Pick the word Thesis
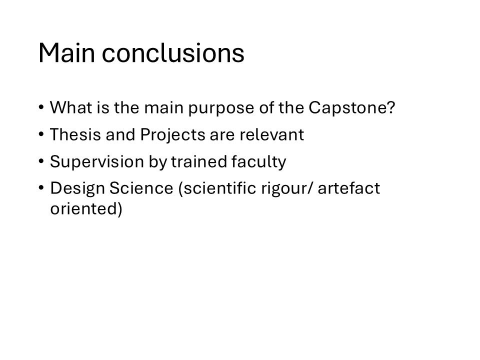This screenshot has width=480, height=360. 75,134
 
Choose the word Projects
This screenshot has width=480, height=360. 172,135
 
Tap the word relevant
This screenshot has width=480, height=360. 272,134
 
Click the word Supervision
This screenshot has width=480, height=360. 96,162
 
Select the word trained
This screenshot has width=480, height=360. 199,161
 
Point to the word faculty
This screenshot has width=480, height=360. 258,162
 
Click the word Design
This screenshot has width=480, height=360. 77,189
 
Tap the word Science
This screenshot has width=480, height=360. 141,187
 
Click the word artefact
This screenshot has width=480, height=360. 348,187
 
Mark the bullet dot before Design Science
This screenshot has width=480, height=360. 41,187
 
